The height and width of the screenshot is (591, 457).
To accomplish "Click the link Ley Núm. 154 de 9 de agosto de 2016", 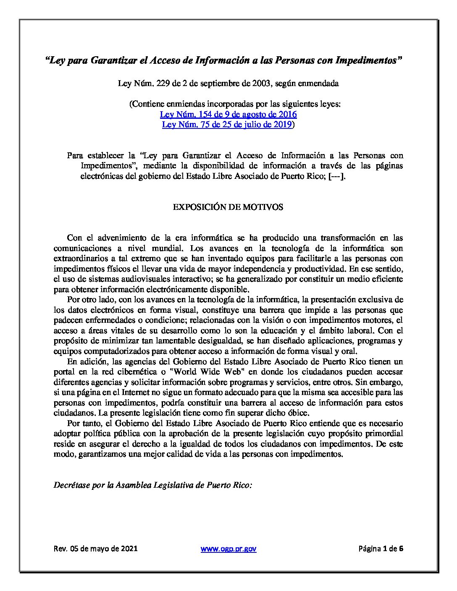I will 228,115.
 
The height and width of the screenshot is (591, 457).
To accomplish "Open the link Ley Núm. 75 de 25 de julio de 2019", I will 227,125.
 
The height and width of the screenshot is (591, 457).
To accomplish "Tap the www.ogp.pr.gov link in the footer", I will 228,549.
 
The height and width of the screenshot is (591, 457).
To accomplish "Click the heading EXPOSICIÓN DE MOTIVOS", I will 228,207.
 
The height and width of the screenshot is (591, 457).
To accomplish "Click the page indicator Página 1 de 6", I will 381,549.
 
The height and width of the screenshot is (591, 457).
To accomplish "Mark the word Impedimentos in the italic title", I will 367,60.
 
